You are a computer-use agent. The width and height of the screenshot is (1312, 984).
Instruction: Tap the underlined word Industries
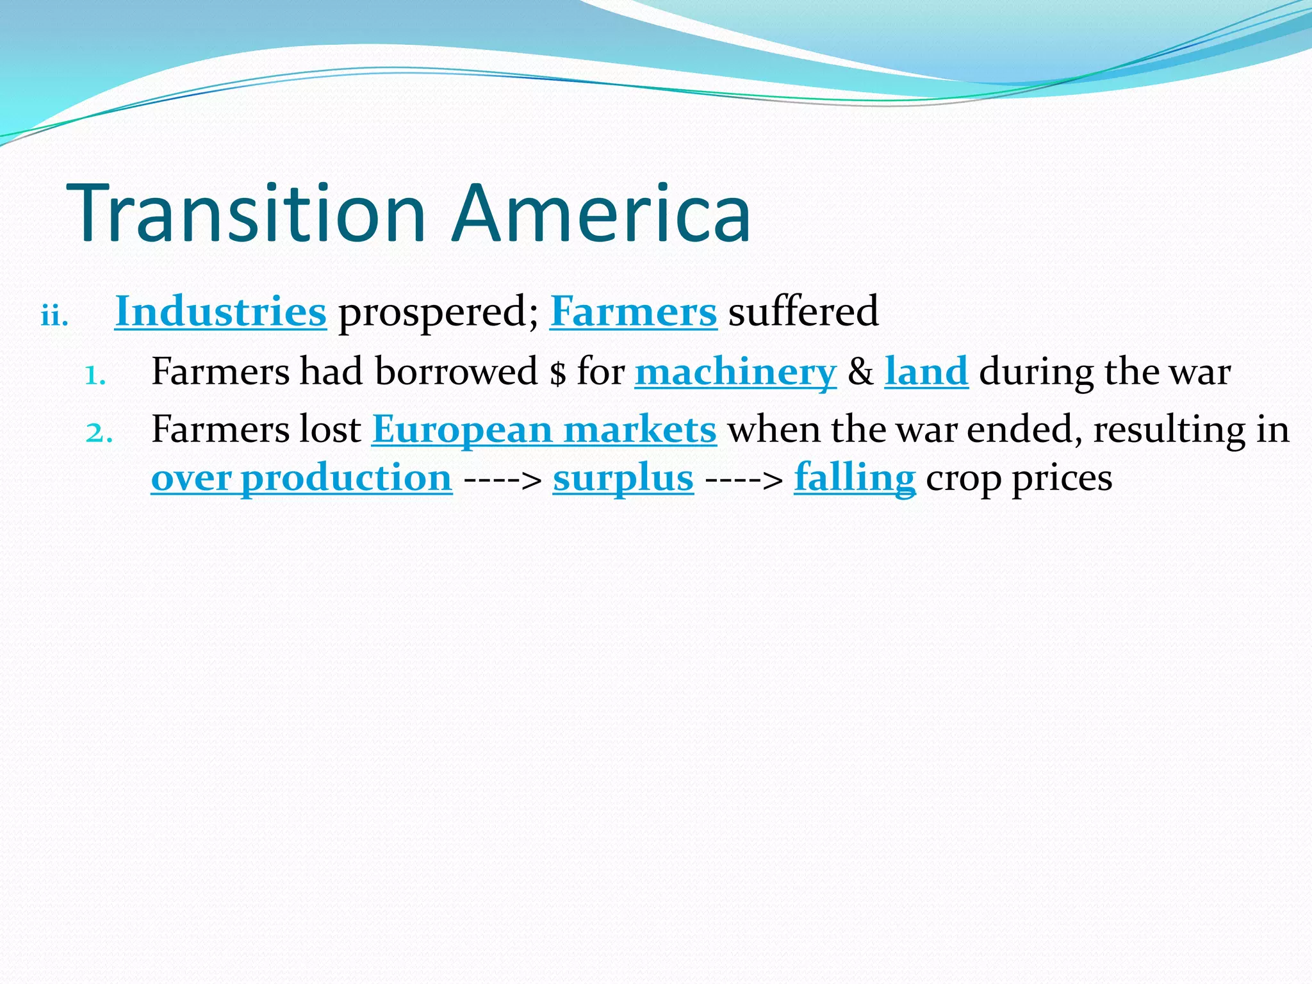[220, 312]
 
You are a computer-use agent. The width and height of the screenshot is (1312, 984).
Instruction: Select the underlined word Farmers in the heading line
[633, 312]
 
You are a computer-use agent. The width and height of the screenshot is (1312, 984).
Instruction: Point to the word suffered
[803, 312]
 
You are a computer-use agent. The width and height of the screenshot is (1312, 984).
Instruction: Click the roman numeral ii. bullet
[54, 316]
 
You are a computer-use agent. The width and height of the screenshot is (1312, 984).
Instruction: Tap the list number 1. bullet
[95, 375]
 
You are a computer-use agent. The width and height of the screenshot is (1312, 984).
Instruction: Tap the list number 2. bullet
[99, 433]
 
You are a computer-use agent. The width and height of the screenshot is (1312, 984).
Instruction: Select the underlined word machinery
[735, 372]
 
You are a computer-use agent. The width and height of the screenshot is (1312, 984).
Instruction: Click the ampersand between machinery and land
[860, 372]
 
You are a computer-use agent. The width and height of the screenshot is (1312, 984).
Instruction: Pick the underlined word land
[926, 372]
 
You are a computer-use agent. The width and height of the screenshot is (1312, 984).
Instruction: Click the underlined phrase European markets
[544, 430]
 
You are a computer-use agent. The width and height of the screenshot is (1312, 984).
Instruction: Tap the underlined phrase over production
[302, 479]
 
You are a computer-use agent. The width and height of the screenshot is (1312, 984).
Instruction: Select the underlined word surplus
[623, 479]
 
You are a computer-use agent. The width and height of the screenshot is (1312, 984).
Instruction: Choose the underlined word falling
[855, 479]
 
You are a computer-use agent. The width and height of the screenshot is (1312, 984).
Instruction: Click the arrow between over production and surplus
[503, 480]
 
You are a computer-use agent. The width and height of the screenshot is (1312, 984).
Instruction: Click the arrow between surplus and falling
[744, 480]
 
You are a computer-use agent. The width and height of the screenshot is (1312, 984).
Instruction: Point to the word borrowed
[456, 372]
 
